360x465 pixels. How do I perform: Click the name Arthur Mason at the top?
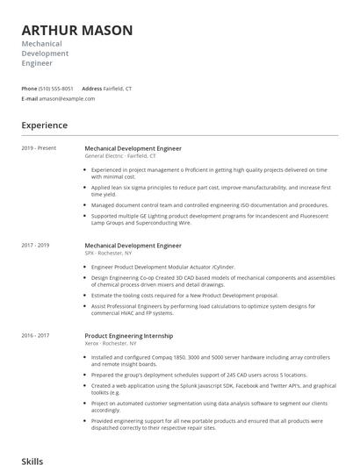point(77,31)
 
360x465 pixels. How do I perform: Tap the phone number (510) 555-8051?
point(56,89)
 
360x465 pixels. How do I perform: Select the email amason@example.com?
point(67,99)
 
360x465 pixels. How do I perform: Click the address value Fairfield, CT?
point(119,89)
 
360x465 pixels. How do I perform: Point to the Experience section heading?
point(45,125)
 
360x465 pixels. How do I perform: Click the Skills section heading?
point(32,460)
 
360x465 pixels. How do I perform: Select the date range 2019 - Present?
point(39,148)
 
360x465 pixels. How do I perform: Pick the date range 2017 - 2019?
point(35,245)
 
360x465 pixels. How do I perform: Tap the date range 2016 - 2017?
point(35,335)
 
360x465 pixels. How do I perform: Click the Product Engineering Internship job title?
point(128,335)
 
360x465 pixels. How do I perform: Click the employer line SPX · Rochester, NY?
point(109,253)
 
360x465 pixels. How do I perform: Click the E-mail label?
point(30,99)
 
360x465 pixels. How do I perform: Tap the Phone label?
point(29,89)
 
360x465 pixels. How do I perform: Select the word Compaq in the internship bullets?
point(158,357)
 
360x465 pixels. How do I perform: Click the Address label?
point(92,89)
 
